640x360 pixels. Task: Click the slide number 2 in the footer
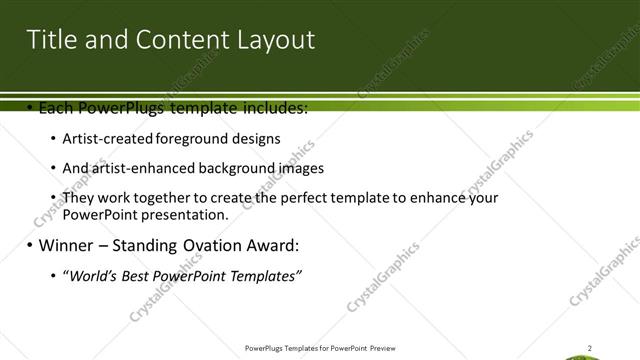[589, 348]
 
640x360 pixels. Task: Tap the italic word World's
[92, 276]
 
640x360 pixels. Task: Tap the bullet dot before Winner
[30, 245]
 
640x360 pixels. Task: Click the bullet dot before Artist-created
[53, 139]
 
